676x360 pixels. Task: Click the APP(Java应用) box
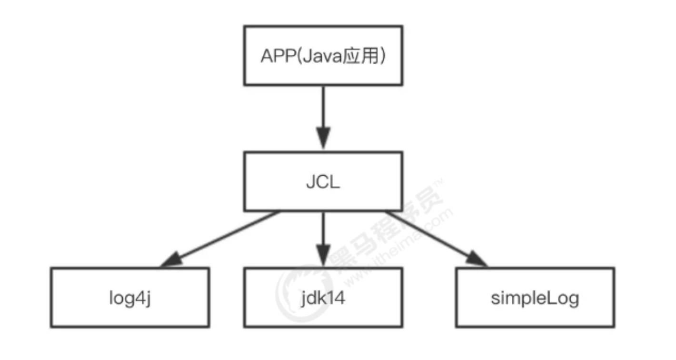[323, 56]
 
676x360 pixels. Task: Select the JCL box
[323, 181]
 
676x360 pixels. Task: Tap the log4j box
[130, 298]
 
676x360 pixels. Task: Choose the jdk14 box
[323, 298]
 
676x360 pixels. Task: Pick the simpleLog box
[535, 298]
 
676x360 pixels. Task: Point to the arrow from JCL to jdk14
[323, 239]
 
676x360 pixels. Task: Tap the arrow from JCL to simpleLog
[436, 239]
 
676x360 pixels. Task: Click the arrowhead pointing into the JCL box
[323, 138]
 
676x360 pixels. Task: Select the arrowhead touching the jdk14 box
[323, 256]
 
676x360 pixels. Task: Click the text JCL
[323, 182]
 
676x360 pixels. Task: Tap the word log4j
[130, 299]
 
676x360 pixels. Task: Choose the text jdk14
[323, 299]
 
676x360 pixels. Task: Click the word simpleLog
[535, 299]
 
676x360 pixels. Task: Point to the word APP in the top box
[278, 56]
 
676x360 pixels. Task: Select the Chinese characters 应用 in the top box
[361, 56]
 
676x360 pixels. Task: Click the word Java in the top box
[322, 56]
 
